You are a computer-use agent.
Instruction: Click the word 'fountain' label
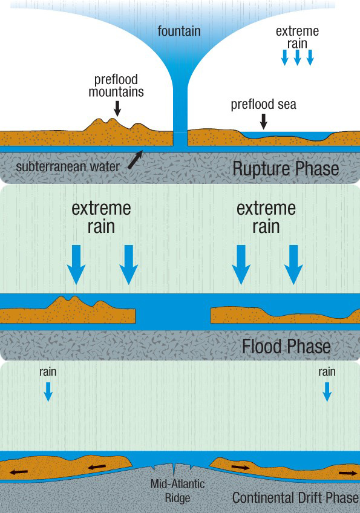(x=179, y=31)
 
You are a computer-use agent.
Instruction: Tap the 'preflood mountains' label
(x=116, y=86)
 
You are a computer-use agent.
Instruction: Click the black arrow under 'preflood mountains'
(x=117, y=108)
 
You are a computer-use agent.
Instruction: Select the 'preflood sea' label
(x=263, y=105)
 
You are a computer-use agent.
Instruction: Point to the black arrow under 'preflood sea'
(x=263, y=122)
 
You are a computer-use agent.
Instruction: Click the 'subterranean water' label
(x=67, y=167)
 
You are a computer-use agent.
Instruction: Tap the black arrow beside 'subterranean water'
(x=136, y=159)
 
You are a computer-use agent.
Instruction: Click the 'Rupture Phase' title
(x=286, y=169)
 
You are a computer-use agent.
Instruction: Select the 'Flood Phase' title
(x=286, y=346)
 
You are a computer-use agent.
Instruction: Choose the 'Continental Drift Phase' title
(x=295, y=498)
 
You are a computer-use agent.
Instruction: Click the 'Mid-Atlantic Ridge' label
(x=178, y=491)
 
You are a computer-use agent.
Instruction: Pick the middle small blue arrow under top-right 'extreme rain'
(x=298, y=57)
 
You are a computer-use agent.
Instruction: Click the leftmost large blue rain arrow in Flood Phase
(x=76, y=265)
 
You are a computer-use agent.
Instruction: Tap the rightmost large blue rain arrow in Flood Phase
(x=293, y=265)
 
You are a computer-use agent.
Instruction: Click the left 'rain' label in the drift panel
(x=48, y=372)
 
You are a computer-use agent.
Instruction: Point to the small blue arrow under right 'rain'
(x=327, y=391)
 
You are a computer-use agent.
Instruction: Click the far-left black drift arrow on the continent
(x=19, y=472)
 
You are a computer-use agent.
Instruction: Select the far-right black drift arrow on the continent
(x=348, y=473)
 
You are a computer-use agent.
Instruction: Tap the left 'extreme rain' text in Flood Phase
(x=101, y=217)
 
